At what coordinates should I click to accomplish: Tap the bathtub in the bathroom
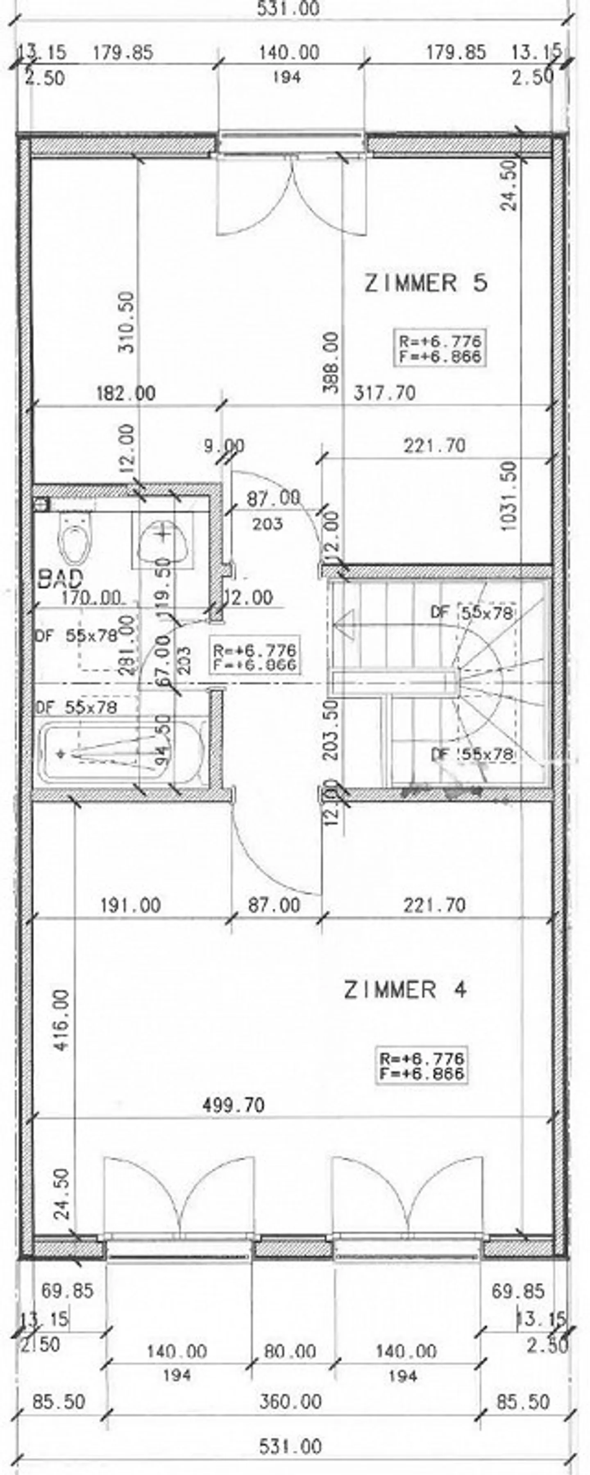(x=120, y=753)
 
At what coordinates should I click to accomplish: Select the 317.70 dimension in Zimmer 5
(x=384, y=393)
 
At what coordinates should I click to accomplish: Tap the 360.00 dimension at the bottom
(x=290, y=1402)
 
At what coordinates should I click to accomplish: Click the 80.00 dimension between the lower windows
(x=290, y=1351)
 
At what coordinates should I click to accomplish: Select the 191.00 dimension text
(x=131, y=905)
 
